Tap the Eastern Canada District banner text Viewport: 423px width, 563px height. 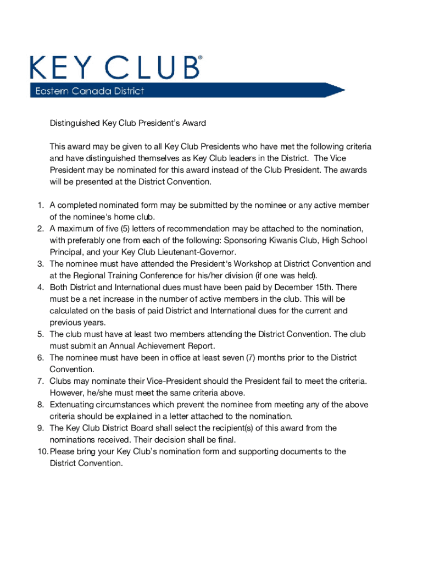coord(87,91)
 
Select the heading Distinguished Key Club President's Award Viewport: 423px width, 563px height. coord(127,123)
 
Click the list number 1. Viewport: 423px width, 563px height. coord(40,206)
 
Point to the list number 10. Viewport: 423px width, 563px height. coord(42,451)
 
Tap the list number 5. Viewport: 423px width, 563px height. coord(40,334)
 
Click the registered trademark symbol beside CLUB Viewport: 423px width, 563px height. coord(199,57)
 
